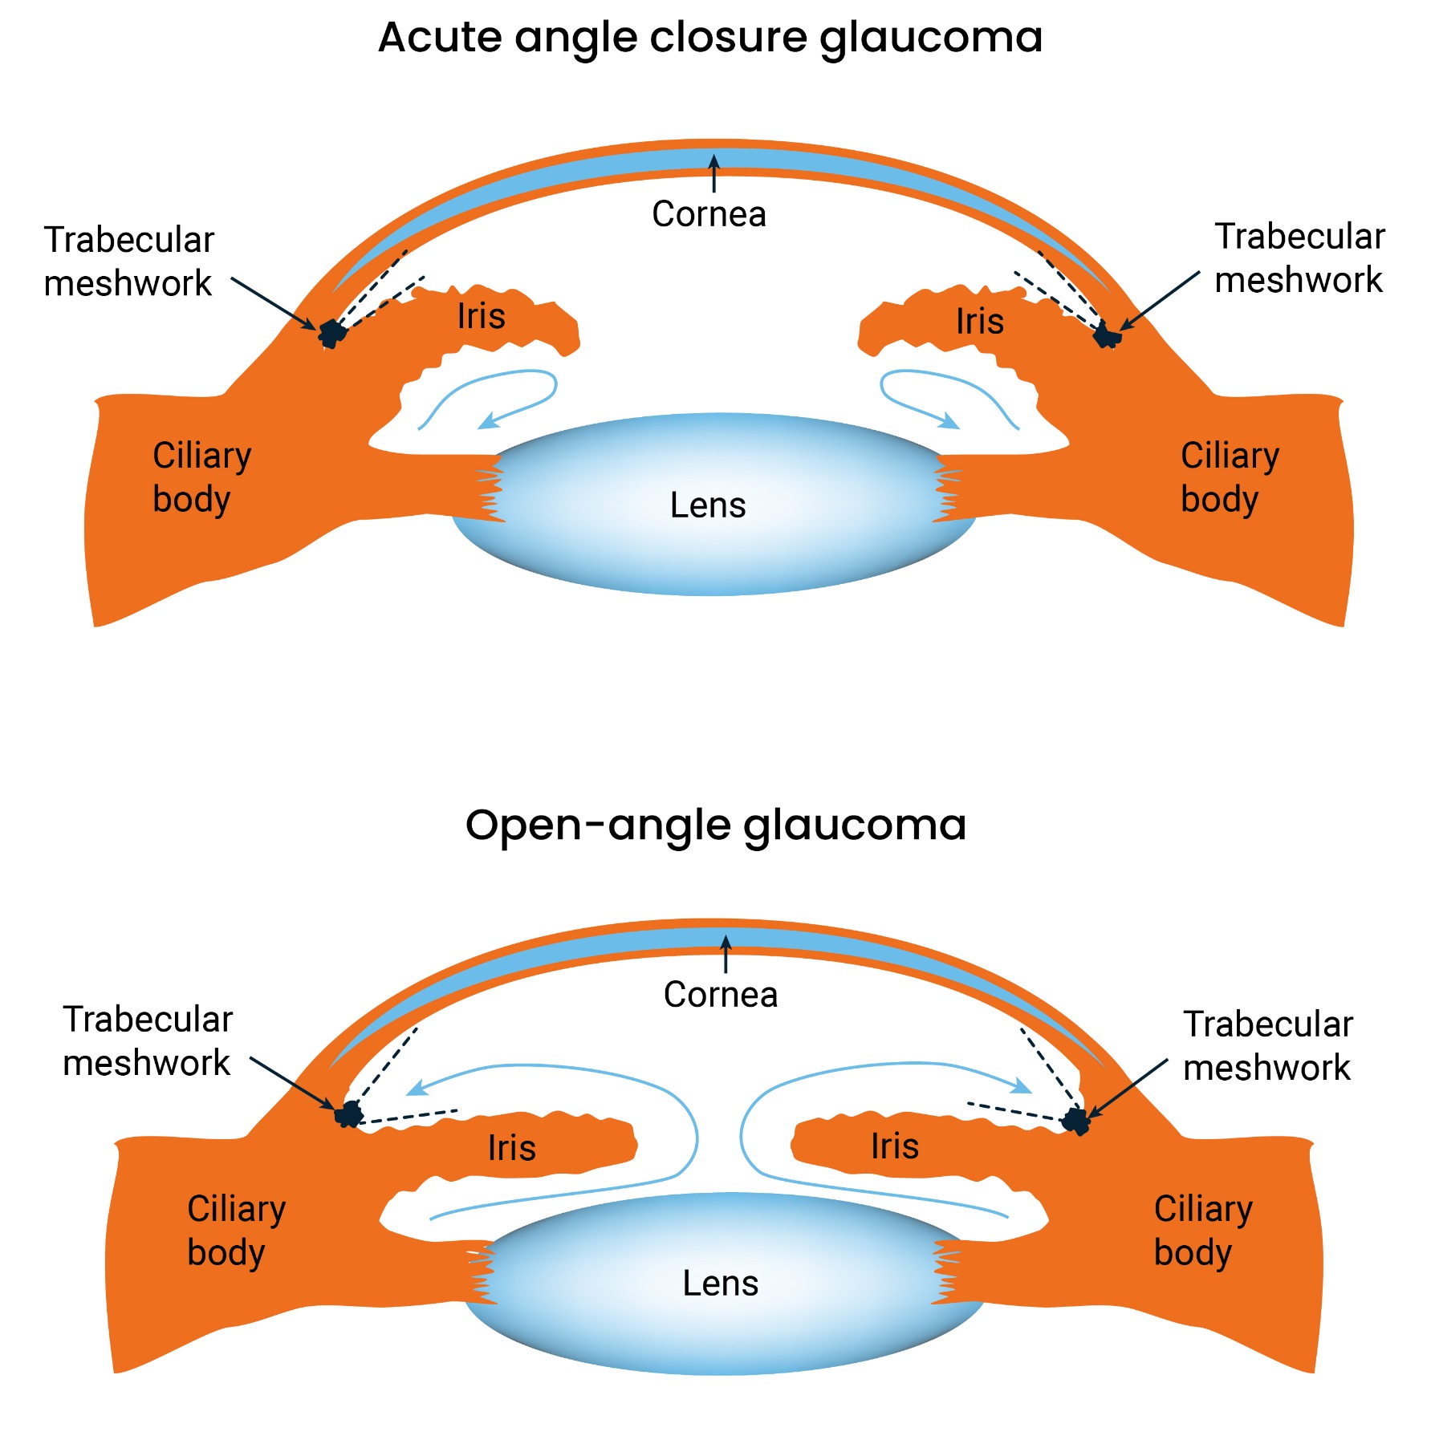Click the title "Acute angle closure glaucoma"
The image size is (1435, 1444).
(710, 38)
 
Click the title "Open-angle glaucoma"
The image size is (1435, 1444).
(716, 825)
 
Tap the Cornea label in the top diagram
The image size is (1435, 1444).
(709, 214)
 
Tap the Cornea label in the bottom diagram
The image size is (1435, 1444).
(721, 995)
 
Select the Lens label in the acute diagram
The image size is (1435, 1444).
(708, 505)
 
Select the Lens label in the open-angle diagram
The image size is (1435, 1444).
(721, 1284)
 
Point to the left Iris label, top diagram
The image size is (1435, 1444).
(482, 316)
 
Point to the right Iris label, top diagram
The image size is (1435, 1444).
(980, 322)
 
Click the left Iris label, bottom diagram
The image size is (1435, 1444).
(512, 1148)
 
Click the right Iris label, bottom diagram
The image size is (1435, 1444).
(895, 1146)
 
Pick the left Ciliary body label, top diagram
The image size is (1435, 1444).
(201, 477)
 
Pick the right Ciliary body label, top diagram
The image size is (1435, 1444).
(1230, 477)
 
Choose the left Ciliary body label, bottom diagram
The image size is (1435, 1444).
(236, 1231)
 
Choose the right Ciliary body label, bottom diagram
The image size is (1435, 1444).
(1203, 1231)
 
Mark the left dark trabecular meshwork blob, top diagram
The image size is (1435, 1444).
(331, 332)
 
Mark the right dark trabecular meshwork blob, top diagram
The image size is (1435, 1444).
(1108, 335)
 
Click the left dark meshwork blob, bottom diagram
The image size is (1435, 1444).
(349, 1114)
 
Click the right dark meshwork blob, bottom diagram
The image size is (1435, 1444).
(1075, 1120)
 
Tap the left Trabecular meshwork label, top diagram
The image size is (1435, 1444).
(128, 262)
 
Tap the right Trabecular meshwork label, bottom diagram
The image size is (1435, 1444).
(1268, 1046)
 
